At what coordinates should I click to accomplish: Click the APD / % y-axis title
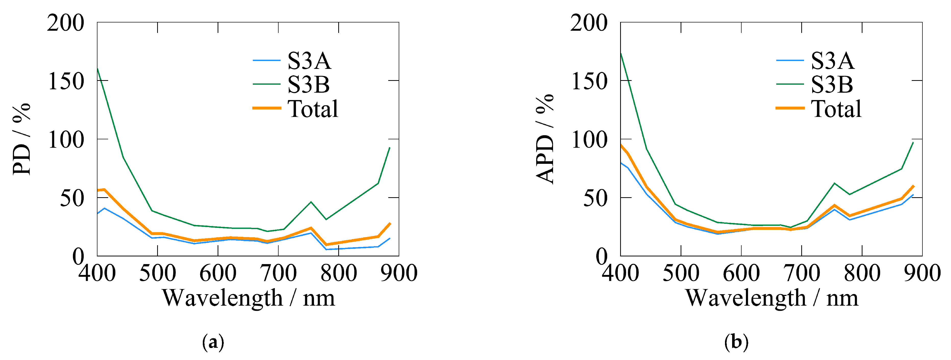click(545, 139)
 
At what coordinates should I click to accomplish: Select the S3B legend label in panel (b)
click(832, 84)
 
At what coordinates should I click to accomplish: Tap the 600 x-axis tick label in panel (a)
click(218, 273)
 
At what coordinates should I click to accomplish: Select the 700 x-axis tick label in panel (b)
click(802, 273)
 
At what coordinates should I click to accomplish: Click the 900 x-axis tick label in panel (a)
click(399, 273)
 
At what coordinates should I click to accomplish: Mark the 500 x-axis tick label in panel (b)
click(681, 273)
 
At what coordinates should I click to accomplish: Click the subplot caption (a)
click(213, 342)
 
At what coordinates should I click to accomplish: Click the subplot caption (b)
click(736, 342)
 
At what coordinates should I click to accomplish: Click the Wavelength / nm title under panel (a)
click(248, 298)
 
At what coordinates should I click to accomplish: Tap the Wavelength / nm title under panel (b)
click(772, 298)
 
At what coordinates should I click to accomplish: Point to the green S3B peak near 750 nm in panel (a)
click(311, 202)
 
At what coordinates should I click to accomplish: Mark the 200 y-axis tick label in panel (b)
click(589, 23)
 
